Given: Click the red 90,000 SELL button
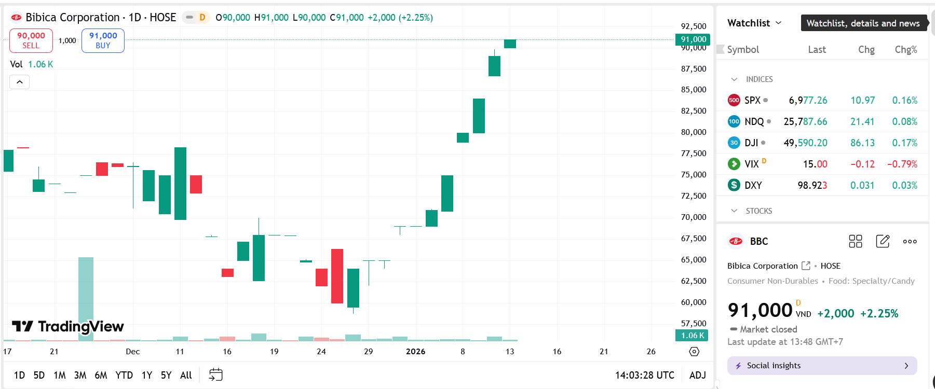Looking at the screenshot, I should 31,40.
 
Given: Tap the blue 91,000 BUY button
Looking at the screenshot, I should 103,40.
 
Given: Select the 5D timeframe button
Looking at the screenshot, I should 39,375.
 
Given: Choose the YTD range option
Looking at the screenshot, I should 124,375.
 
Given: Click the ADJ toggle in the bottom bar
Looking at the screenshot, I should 697,375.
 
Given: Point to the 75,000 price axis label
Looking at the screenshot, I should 694,175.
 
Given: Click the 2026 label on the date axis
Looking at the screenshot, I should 415,352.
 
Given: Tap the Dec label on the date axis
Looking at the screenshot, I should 133,352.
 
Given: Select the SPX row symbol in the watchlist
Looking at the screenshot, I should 752,100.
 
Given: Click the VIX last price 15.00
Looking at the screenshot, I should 815,164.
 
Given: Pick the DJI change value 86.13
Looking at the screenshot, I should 862,143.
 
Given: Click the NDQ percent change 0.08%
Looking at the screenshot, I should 904,121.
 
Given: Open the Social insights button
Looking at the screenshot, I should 822,366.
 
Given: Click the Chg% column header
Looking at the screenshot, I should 905,50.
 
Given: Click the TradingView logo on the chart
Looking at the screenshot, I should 68,326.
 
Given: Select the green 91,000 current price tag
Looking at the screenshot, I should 693,39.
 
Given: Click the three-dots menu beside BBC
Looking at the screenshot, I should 910,241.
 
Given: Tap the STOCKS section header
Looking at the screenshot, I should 758,211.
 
